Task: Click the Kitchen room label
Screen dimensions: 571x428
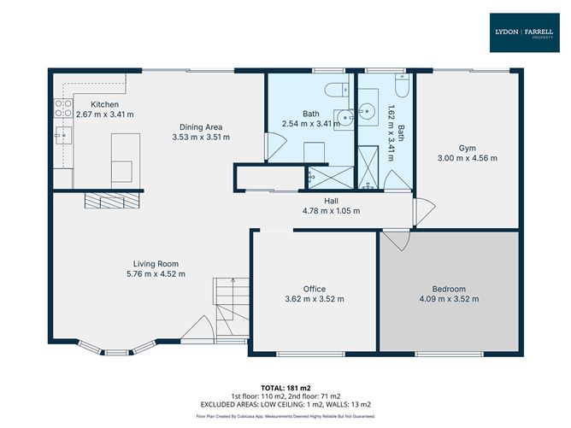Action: point(105,104)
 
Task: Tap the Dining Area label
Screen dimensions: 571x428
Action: point(201,127)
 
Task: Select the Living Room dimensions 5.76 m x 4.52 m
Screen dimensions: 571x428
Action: point(156,274)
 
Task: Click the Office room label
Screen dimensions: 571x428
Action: point(315,289)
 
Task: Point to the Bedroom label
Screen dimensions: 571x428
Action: point(449,289)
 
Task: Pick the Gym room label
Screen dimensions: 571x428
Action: point(468,148)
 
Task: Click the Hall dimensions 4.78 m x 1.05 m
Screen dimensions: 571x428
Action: point(332,211)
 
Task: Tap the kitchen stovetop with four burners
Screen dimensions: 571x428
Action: point(63,108)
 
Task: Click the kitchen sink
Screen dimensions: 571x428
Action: point(63,135)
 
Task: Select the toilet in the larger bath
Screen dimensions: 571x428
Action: point(337,90)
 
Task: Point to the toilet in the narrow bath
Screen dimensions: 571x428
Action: point(402,85)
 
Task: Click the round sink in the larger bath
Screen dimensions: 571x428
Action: point(344,118)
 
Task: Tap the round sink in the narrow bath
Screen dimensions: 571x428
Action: point(367,108)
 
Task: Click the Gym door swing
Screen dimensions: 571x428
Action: point(423,212)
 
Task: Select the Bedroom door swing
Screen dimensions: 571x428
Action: point(397,240)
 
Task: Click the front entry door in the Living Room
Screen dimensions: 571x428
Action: point(197,329)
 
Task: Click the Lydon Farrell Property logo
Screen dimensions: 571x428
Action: point(524,32)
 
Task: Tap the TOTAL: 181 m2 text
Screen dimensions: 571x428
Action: point(285,388)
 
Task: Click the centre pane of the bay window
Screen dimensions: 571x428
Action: point(117,352)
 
